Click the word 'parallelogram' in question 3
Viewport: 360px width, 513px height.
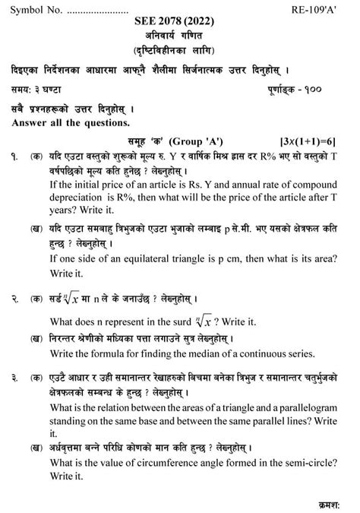pyautogui.click(x=303, y=409)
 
